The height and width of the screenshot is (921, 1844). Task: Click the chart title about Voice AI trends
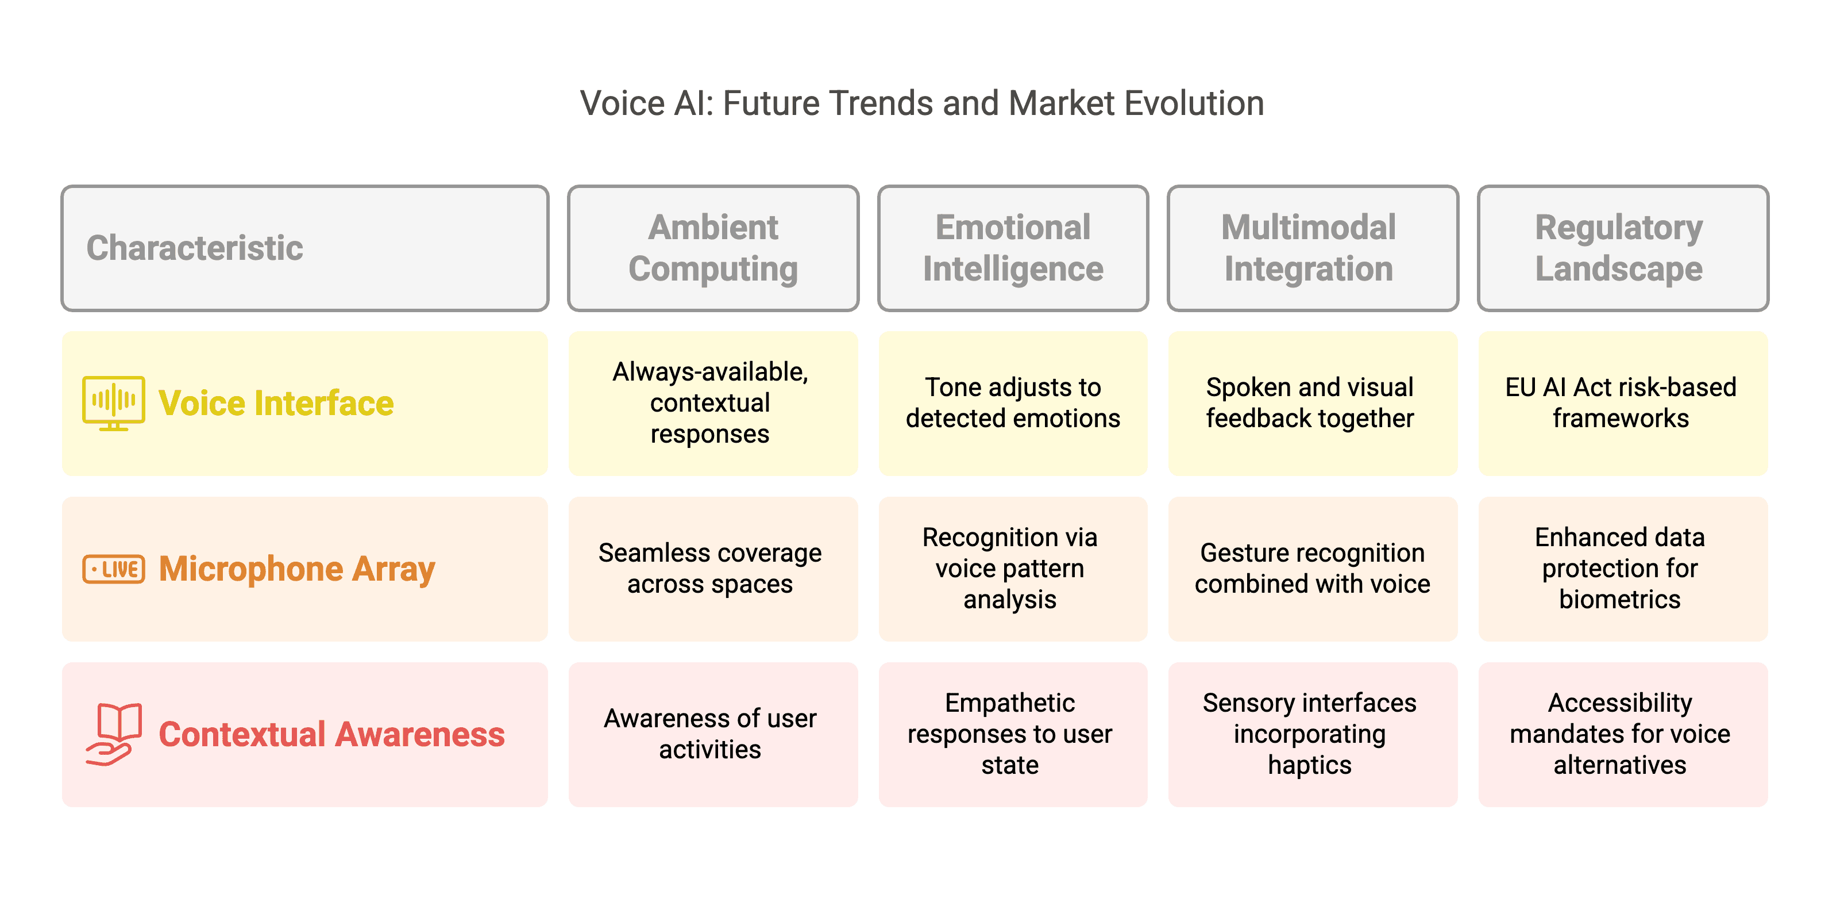point(922,103)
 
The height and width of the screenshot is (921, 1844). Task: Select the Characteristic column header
point(305,248)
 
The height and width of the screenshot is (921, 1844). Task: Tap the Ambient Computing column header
point(713,248)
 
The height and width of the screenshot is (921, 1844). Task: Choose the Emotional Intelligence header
point(1013,248)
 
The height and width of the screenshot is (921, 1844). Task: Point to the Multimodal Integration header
point(1312,248)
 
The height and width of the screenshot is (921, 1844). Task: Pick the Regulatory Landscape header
point(1623,248)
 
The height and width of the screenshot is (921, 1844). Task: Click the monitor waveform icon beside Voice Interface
point(113,403)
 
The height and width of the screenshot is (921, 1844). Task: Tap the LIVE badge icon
point(113,569)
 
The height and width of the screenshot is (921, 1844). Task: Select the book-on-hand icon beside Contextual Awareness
point(113,734)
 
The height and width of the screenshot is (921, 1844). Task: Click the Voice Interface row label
point(276,403)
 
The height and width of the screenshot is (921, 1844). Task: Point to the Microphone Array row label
point(297,569)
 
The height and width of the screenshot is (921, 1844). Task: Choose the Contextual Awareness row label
point(331,735)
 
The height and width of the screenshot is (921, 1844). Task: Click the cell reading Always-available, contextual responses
point(713,403)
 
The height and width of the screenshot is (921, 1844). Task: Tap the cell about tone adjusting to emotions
point(1013,403)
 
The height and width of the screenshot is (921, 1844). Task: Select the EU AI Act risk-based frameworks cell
point(1623,403)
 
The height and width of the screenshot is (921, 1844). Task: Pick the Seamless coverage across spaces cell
point(713,569)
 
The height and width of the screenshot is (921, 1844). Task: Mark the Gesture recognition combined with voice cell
point(1312,569)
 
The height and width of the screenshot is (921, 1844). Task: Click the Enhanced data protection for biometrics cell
point(1623,569)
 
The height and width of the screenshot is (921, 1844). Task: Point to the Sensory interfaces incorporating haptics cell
point(1312,735)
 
